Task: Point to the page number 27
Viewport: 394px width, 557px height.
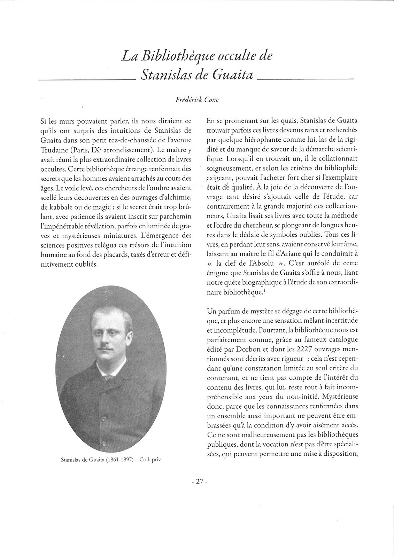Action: pyautogui.click(x=197, y=482)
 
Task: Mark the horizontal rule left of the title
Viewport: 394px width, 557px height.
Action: pyautogui.click(x=87, y=80)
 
